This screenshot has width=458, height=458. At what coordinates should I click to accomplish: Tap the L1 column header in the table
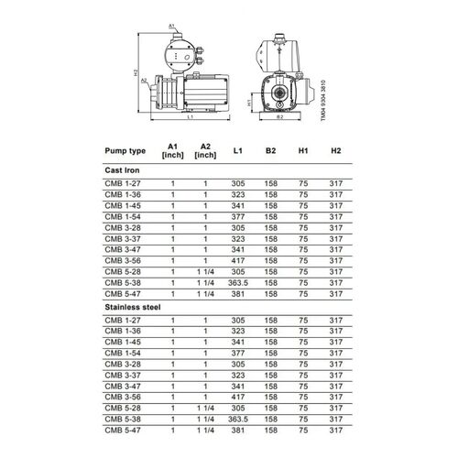pyautogui.click(x=238, y=148)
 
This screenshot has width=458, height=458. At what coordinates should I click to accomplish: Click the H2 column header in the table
pyautogui.click(x=335, y=148)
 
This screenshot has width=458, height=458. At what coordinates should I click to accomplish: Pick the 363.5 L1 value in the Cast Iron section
pyautogui.click(x=238, y=283)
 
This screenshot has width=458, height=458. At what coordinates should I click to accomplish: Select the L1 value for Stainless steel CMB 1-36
pyautogui.click(x=238, y=331)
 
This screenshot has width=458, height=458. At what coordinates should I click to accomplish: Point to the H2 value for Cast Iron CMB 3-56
pyautogui.click(x=335, y=261)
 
